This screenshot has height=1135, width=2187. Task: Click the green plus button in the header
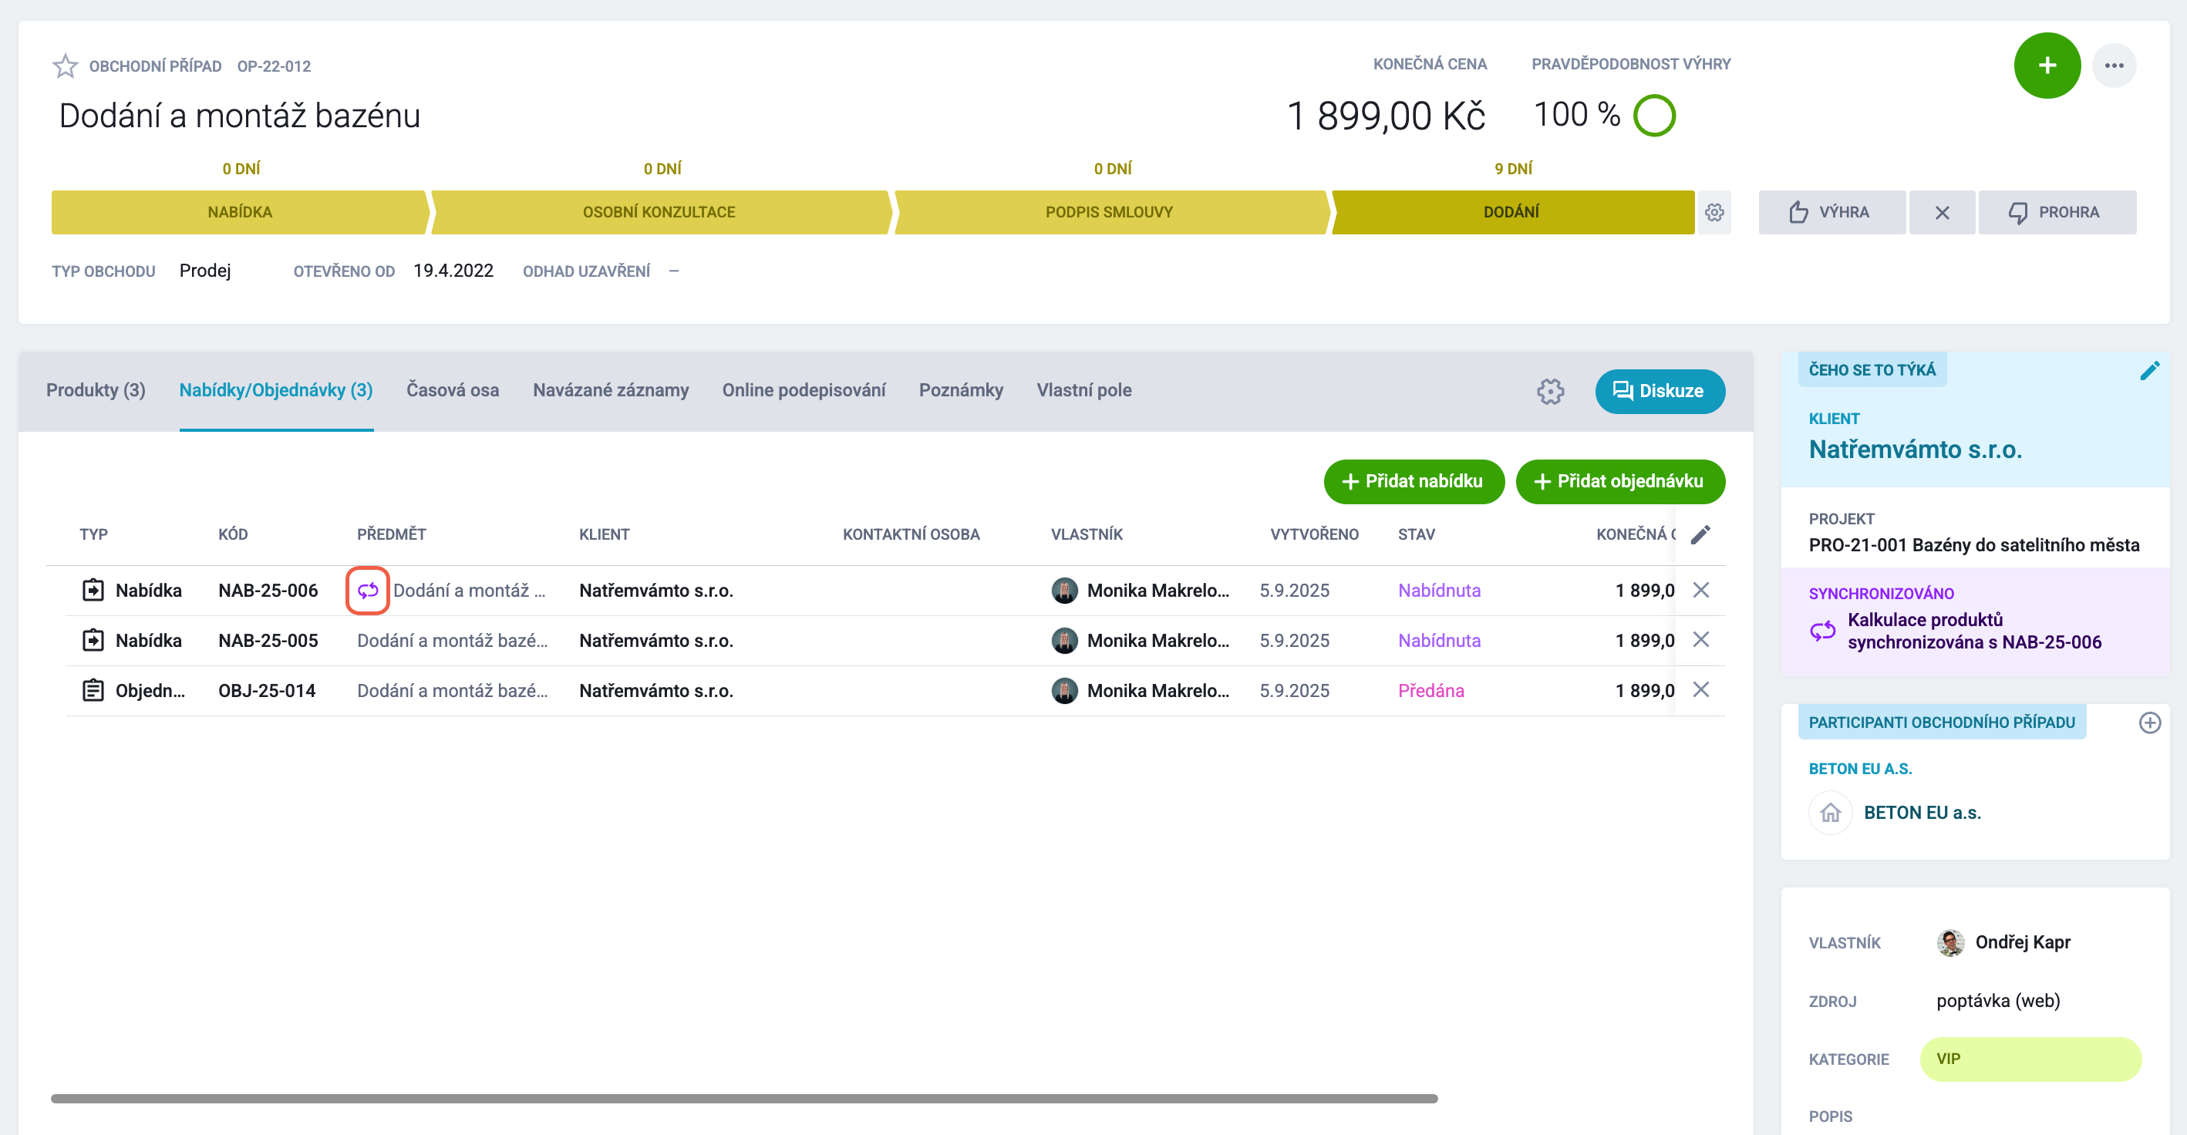[2046, 66]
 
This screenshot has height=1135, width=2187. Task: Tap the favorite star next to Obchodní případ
[66, 66]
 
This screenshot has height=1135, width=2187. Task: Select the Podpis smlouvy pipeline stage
[1109, 212]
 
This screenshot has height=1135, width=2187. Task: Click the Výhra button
[1831, 212]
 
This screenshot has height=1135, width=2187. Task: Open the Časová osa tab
[453, 389]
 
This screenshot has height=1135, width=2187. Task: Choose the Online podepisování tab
[803, 389]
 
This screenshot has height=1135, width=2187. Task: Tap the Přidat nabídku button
[1414, 481]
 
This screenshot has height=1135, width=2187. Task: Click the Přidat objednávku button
[1620, 481]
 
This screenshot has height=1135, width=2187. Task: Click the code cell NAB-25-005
[268, 640]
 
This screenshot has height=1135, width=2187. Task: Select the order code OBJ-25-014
[267, 690]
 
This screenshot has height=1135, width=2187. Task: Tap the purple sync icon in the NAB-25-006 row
[368, 590]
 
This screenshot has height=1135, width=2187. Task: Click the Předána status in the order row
[1430, 690]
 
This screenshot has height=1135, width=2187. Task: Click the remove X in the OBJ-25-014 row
[1700, 689]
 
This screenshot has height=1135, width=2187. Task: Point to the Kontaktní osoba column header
[910, 534]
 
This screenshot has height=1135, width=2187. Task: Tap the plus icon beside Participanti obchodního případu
[2150, 722]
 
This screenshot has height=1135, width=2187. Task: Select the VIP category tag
[2030, 1059]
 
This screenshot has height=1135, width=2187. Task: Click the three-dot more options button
[2113, 66]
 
